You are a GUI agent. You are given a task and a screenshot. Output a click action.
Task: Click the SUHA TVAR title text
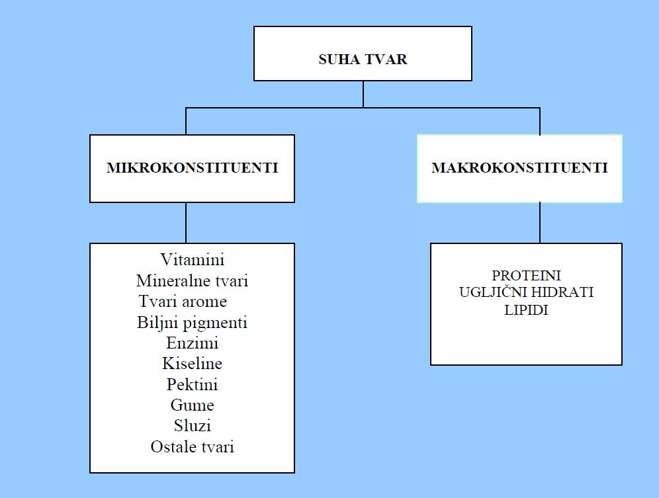(363, 60)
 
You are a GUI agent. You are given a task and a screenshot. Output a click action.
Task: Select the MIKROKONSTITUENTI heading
(192, 168)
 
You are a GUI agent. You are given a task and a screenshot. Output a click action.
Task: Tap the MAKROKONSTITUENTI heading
(519, 168)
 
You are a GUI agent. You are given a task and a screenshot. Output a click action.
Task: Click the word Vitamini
(192, 259)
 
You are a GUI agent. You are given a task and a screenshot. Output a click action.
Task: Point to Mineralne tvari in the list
(192, 280)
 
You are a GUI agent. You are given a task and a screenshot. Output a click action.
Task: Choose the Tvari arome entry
(183, 301)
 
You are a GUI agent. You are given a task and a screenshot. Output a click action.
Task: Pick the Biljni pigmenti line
(192, 323)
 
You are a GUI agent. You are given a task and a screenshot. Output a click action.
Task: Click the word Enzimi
(192, 343)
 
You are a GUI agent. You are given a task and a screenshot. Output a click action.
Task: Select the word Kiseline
(192, 363)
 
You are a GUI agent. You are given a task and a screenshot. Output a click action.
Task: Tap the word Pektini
(192, 384)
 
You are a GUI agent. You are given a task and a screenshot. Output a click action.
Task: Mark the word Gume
(192, 405)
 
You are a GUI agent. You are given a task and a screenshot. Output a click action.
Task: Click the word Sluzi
(192, 425)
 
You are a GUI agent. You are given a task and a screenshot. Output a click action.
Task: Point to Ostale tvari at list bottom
(192, 446)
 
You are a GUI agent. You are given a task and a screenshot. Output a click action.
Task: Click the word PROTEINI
(526, 275)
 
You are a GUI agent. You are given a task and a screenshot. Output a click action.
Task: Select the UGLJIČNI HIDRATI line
(526, 292)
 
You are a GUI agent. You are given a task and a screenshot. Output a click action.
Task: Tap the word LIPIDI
(526, 310)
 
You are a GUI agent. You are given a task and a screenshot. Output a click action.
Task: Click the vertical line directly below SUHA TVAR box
(363, 94)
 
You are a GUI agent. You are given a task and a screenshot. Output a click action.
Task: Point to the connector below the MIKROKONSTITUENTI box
(186, 223)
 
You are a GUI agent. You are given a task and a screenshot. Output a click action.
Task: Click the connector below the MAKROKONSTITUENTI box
(540, 223)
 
